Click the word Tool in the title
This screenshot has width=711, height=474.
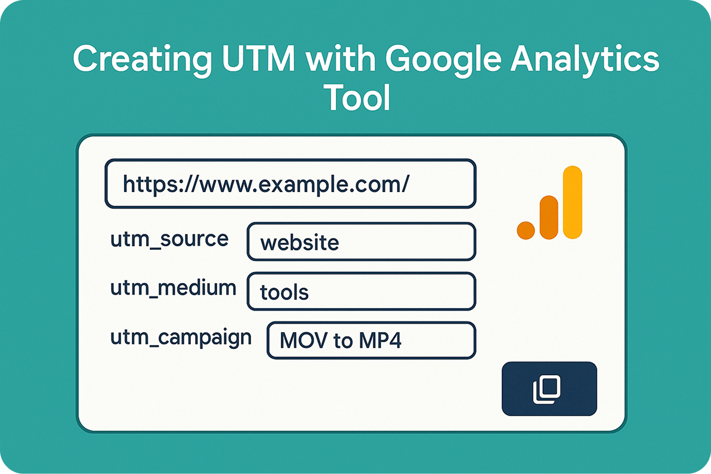tap(357, 98)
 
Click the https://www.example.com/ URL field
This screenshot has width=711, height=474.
tap(290, 184)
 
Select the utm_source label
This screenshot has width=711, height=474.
tap(169, 239)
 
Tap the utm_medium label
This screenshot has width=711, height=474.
tap(173, 288)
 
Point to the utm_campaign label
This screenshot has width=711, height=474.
tap(181, 337)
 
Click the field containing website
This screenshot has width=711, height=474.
tap(361, 242)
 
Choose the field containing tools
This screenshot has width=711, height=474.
tap(361, 292)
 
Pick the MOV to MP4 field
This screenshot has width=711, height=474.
tap(370, 341)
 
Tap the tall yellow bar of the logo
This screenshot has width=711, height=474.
tap(572, 202)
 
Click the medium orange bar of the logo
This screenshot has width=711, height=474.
tap(548, 217)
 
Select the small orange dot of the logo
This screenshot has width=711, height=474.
tap(525, 231)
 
